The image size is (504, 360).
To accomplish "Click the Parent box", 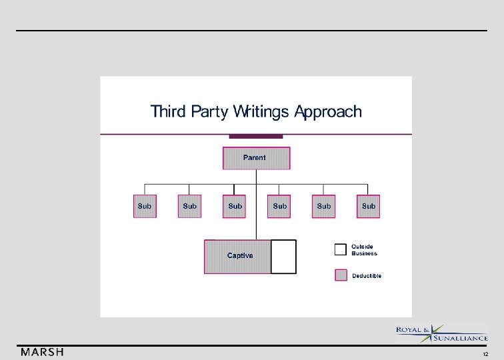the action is point(256,158).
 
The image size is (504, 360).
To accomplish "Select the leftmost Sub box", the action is point(145,207).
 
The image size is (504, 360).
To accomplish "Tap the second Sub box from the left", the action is point(190,207).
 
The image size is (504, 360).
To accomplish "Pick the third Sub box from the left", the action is point(235,207).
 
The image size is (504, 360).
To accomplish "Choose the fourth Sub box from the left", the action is point(279,207).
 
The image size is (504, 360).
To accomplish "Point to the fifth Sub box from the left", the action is point(324,207).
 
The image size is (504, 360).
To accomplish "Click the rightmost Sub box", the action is point(369,207).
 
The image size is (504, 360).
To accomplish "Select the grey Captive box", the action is point(238,257).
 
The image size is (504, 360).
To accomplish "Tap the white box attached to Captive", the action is point(283,257).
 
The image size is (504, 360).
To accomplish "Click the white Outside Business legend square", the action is point(341,249).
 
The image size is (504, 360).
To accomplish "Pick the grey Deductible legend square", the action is point(341,275).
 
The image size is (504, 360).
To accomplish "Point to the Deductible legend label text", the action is point(367,275).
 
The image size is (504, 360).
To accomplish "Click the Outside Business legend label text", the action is point(364,250).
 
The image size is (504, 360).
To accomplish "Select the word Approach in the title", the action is point(329,111).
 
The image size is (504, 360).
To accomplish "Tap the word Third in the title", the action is point(169,111).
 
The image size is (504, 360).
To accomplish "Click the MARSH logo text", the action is point(42,352).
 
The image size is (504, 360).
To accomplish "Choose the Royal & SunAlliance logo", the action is point(442,333).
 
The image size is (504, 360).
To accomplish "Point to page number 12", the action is point(485,354).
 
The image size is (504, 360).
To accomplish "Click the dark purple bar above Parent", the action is point(256,137).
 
